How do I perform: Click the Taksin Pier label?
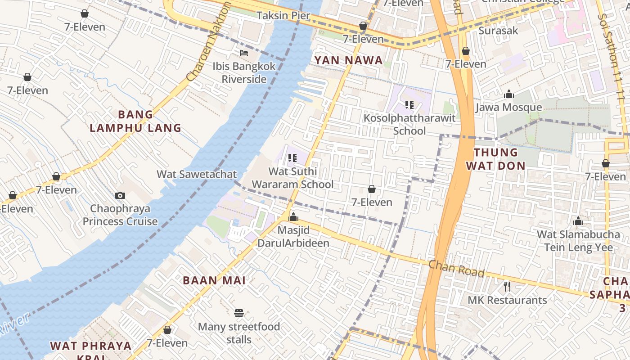click(x=283, y=16)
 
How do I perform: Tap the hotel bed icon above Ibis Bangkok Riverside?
click(x=244, y=53)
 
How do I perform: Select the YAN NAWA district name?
click(x=348, y=60)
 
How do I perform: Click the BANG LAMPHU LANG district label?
click(x=135, y=121)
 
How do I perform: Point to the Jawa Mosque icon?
click(x=509, y=94)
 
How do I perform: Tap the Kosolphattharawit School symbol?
click(x=409, y=105)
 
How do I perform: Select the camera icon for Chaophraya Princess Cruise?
click(x=120, y=195)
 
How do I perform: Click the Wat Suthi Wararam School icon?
click(x=292, y=158)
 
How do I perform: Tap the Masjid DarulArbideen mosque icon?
click(x=293, y=217)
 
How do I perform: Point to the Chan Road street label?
click(x=456, y=269)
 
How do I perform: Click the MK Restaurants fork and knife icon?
click(x=507, y=287)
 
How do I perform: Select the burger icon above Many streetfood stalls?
click(x=239, y=313)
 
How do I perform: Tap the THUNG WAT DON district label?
click(x=495, y=159)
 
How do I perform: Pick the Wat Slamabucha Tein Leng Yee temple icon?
click(x=578, y=221)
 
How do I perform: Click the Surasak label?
click(x=498, y=31)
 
